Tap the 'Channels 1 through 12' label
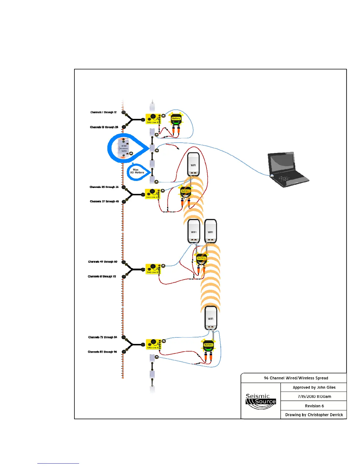[x=103, y=112]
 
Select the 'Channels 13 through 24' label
[x=104, y=127]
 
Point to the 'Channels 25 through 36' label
[x=104, y=187]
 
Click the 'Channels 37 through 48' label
[x=104, y=202]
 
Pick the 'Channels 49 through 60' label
[x=102, y=262]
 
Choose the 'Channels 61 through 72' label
[x=102, y=277]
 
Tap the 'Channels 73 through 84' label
[x=102, y=337]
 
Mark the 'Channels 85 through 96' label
[x=102, y=352]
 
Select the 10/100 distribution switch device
[x=124, y=148]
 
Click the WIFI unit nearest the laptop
[x=193, y=164]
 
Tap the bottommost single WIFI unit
[x=211, y=318]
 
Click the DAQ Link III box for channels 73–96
[x=153, y=344]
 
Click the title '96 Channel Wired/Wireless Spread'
[x=296, y=378]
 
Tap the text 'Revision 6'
[x=314, y=406]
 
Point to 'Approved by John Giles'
[x=314, y=387]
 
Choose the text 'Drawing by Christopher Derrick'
[x=314, y=415]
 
